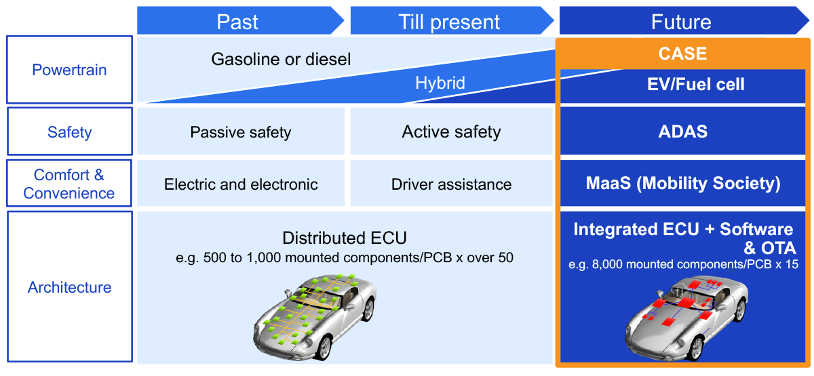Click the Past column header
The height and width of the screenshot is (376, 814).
[x=237, y=22]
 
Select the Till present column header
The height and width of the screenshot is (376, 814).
[x=449, y=22]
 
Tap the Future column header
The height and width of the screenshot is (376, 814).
[x=681, y=22]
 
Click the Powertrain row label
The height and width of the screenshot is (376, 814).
[x=69, y=70]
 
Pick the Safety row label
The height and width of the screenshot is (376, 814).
[x=69, y=131]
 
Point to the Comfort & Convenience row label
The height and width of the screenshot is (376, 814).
[x=69, y=184]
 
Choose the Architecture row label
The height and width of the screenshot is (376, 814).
[x=69, y=287]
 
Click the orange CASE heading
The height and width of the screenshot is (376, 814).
[x=682, y=54]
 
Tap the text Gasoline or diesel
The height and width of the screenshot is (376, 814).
[x=281, y=60]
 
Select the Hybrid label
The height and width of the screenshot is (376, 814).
[x=440, y=83]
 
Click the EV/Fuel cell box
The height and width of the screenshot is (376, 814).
[x=682, y=85]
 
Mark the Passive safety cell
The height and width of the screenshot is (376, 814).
[x=241, y=132]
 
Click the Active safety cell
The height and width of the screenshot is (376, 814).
[x=451, y=131]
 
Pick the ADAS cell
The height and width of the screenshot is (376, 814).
[x=682, y=131]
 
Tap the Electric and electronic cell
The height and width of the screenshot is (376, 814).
[x=241, y=184]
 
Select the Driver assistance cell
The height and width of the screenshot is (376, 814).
[x=451, y=184]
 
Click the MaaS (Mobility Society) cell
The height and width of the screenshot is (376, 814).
[x=682, y=184]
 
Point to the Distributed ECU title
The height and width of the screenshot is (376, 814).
[x=345, y=238]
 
